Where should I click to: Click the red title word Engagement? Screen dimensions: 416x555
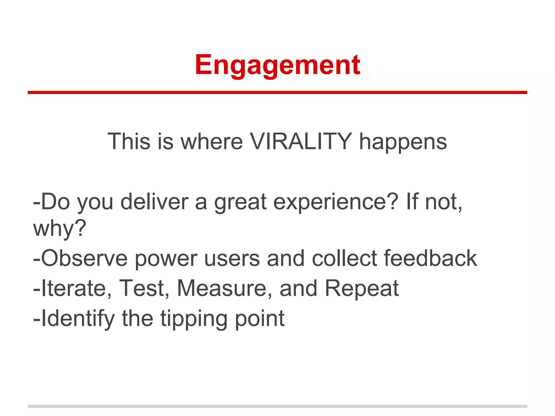click(277, 65)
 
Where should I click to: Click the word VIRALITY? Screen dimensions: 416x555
click(301, 141)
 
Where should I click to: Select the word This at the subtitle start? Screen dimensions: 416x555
click(129, 141)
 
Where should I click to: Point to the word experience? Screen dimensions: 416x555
click(336, 203)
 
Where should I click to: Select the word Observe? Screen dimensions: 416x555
click(84, 258)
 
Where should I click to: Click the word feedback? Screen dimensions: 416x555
click(430, 258)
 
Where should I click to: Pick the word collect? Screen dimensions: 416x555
click(344, 258)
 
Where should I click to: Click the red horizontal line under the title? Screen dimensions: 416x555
click(277, 93)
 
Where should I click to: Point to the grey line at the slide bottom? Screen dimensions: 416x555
click(277, 406)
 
